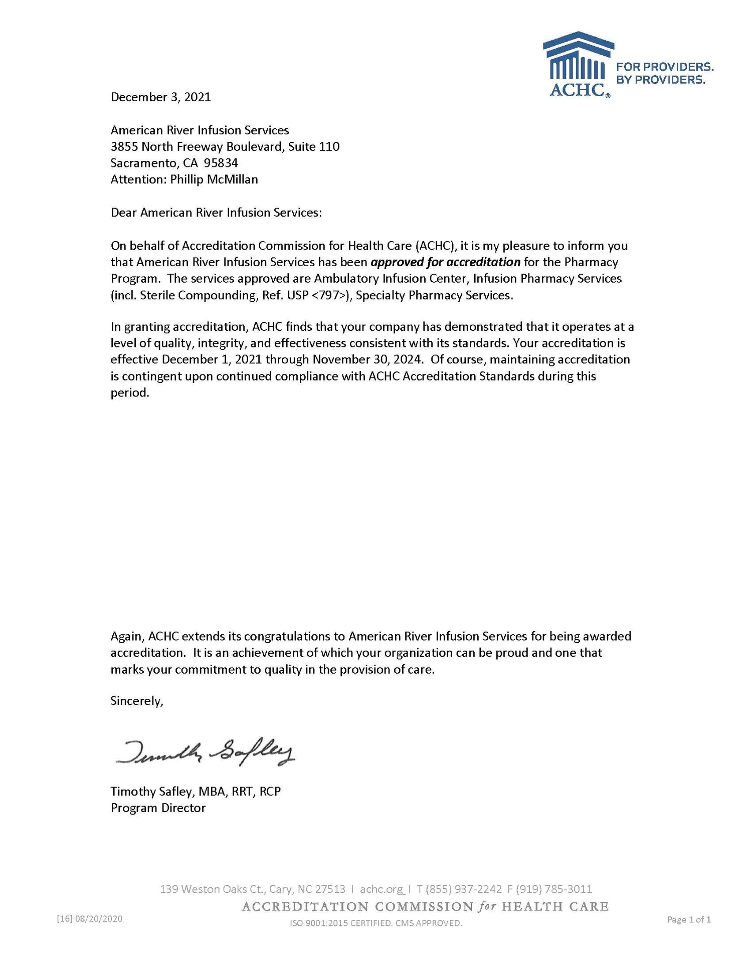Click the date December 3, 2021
click(x=160, y=97)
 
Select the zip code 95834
click(x=221, y=163)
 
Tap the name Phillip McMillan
click(x=214, y=179)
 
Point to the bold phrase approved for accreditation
click(x=445, y=262)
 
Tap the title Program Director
click(x=158, y=808)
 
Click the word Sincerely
click(x=136, y=701)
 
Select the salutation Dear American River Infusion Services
click(x=216, y=213)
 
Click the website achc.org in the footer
click(x=381, y=889)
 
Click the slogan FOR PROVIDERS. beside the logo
click(x=664, y=67)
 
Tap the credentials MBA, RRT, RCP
click(x=240, y=792)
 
